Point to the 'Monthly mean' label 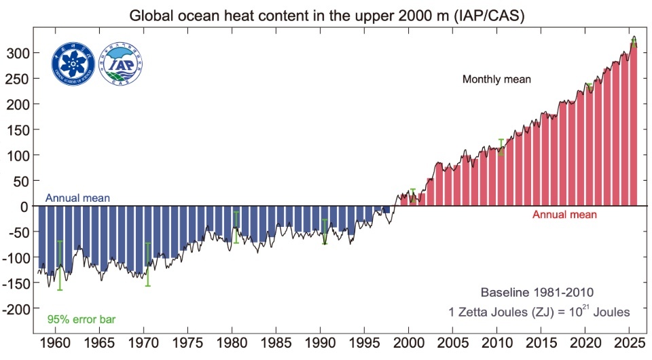tap(496, 79)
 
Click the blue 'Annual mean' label tap(77, 198)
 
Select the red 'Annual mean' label tap(564, 215)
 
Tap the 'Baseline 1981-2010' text tap(537, 293)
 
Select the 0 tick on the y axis tap(22, 206)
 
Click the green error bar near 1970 tap(148, 264)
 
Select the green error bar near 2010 tap(501, 147)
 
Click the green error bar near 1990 tap(325, 231)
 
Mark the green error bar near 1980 tap(236, 228)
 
